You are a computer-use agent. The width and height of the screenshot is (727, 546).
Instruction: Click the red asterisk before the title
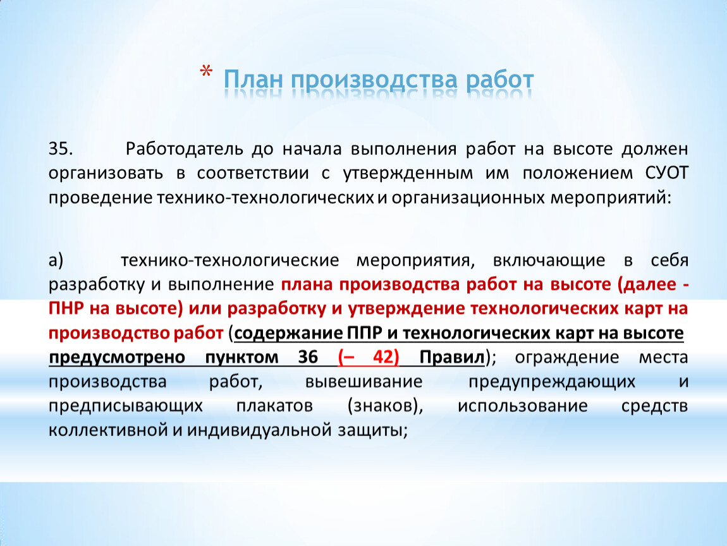(206, 72)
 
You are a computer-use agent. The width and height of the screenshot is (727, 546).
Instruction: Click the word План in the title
(253, 79)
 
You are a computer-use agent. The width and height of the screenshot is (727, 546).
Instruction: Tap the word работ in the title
(500, 80)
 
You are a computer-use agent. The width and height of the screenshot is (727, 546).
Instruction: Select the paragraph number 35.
(61, 149)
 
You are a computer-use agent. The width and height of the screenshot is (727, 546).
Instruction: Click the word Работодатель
(185, 149)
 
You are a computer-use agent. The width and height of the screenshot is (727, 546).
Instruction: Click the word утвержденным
(408, 174)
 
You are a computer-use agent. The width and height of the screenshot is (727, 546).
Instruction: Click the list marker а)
(56, 260)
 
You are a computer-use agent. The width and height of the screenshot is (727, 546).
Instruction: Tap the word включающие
(549, 260)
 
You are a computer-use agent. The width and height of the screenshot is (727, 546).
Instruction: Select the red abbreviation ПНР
(66, 308)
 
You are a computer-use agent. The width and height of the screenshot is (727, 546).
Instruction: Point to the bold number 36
(308, 357)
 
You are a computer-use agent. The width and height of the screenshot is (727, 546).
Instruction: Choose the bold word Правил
(452, 358)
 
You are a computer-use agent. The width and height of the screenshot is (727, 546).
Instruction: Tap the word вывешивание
(364, 382)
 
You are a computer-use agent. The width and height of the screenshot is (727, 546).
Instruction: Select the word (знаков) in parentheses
(385, 406)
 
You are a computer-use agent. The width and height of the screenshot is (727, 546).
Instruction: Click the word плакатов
(274, 406)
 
